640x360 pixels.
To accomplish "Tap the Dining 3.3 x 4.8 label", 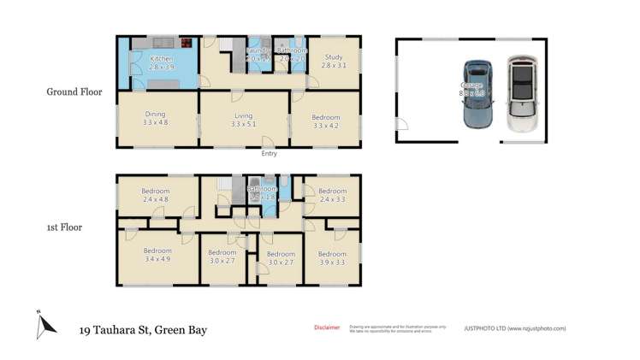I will point(155,118).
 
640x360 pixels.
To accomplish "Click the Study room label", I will point(332,61).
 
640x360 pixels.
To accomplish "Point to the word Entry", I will point(270,154).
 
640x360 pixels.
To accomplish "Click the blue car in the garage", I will point(477,94).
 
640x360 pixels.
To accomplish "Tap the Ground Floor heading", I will point(75,91).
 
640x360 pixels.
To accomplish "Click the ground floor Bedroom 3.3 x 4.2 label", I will point(325,121).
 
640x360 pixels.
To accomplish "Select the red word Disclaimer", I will point(327,327).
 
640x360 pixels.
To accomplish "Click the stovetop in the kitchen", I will point(186,41).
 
